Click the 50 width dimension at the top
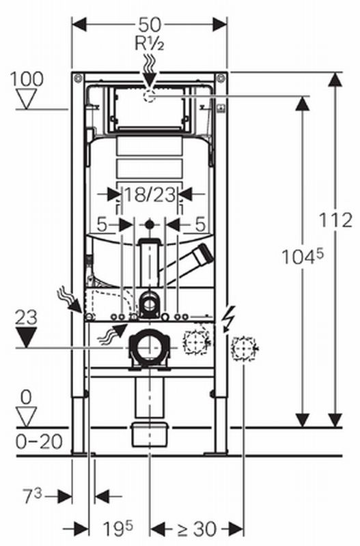click(150, 25)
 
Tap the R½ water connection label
click(150, 44)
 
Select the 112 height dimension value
click(336, 220)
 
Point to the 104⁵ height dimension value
click(303, 257)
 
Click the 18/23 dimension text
click(150, 195)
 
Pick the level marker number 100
click(27, 79)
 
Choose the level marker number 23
click(26, 318)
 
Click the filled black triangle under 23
click(27, 337)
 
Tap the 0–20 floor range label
click(39, 442)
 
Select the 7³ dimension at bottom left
click(32, 495)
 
